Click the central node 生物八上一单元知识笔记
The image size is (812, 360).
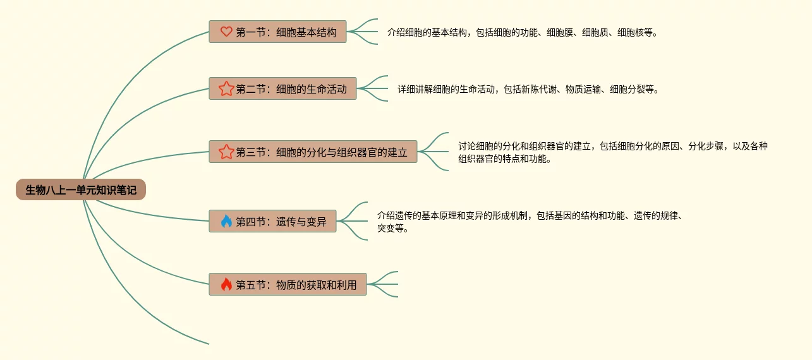click(81, 189)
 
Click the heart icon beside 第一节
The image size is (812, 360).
click(226, 32)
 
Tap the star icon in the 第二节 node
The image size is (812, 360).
click(226, 89)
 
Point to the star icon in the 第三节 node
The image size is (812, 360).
click(226, 152)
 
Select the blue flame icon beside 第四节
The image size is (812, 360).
click(226, 221)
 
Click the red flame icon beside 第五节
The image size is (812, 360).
click(226, 284)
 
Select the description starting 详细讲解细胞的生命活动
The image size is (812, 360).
click(528, 89)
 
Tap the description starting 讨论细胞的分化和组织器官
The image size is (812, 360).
click(613, 152)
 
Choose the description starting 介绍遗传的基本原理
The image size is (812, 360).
click(531, 221)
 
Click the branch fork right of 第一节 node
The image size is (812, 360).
click(363, 32)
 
